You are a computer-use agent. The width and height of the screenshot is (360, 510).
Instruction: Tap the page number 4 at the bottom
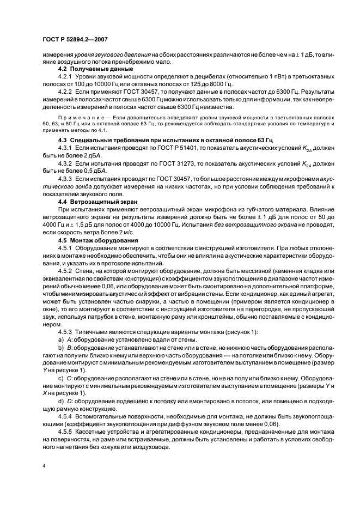point(44,465)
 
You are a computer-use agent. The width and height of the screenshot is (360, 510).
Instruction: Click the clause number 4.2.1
point(65,78)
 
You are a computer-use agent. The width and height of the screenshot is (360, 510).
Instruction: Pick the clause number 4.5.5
point(65,430)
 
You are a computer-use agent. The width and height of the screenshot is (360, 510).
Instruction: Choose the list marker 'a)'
point(60,339)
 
